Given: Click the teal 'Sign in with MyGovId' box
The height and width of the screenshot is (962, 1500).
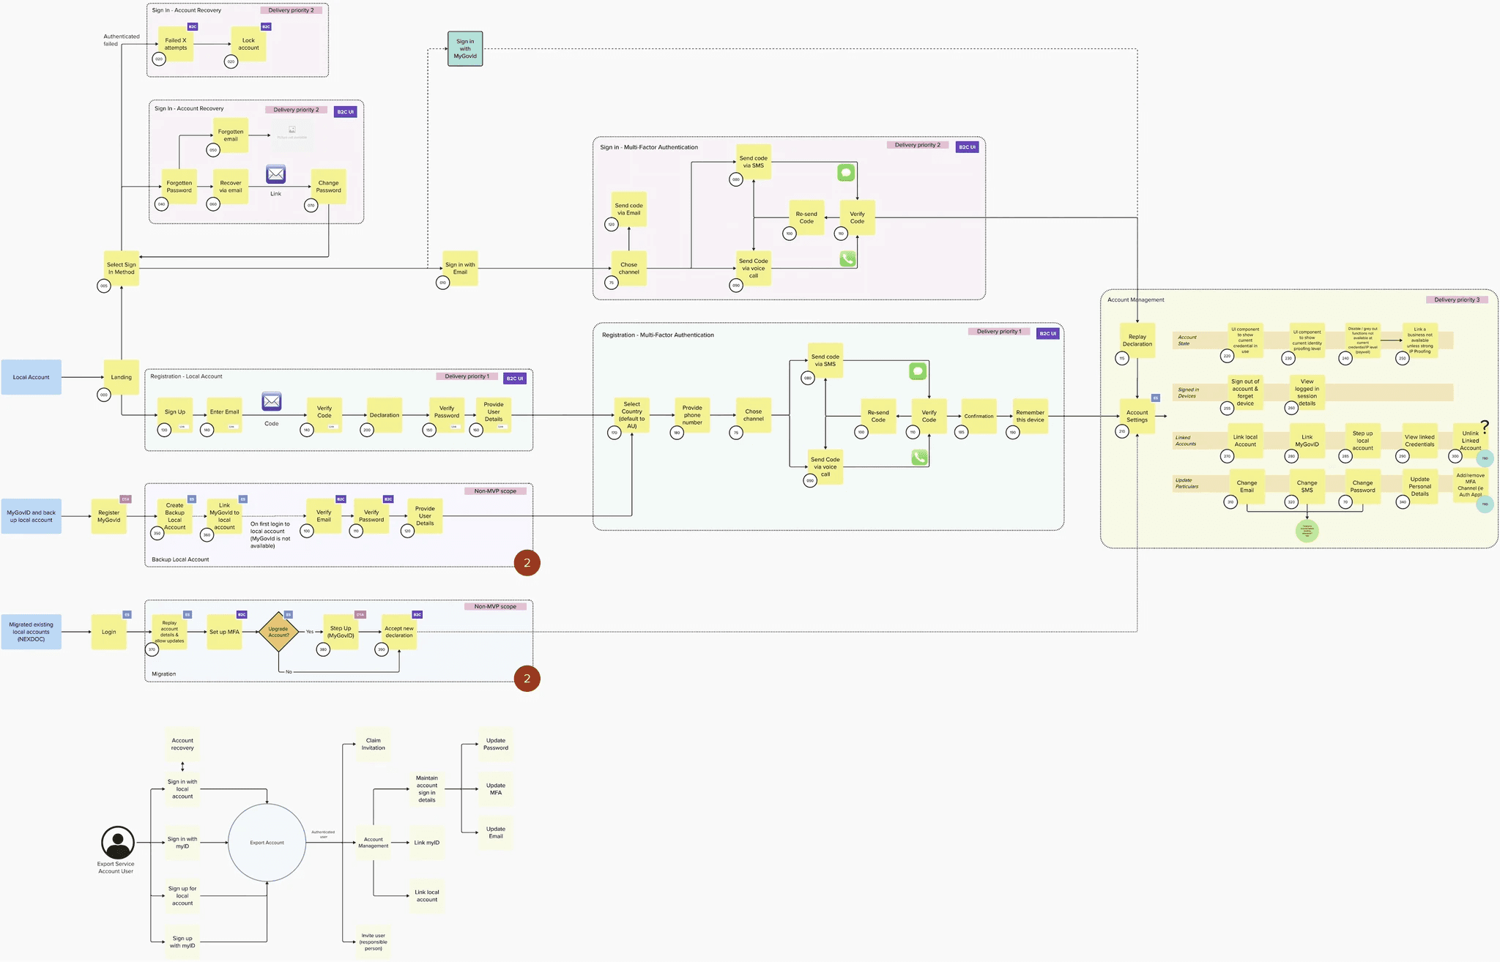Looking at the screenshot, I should coord(465,49).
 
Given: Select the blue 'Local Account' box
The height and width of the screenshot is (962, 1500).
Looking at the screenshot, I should coord(31,377).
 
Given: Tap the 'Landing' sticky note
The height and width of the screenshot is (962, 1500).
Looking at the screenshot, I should coord(122,377).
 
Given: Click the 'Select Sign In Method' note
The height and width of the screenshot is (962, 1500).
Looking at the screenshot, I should coord(122,268).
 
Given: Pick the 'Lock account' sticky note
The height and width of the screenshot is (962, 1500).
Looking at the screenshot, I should coord(249,44).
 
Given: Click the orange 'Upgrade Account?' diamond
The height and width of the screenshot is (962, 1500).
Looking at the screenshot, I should coord(278,632).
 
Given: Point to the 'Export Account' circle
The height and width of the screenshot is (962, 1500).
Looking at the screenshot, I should coord(267,843).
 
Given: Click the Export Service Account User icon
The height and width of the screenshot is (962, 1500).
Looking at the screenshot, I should coord(117,843).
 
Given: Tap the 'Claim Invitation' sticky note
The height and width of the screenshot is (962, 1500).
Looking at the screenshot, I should coord(374,744).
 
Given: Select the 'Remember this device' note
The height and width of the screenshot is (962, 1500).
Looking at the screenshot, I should coord(1030,416).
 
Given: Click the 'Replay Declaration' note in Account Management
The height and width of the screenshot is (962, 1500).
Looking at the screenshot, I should coord(1137,340).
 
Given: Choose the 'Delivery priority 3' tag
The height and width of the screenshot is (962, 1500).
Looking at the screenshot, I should coord(1457,299).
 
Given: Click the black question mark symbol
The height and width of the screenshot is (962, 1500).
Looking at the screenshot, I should coord(1485,426).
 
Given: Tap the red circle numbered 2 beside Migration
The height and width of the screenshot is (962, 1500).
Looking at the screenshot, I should coord(527,679).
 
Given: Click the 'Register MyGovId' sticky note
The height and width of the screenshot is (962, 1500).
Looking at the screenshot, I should coord(109,516).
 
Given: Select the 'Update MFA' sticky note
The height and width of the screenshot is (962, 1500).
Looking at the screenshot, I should coord(496,788).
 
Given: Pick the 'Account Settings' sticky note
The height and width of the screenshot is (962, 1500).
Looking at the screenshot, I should coord(1137,416).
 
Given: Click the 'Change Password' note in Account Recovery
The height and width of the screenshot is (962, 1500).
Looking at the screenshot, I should coord(329,187).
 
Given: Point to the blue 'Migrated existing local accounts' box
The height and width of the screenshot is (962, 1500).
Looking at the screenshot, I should coord(31,632).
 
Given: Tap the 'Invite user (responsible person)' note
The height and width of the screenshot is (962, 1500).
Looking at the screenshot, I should coord(374,942).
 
